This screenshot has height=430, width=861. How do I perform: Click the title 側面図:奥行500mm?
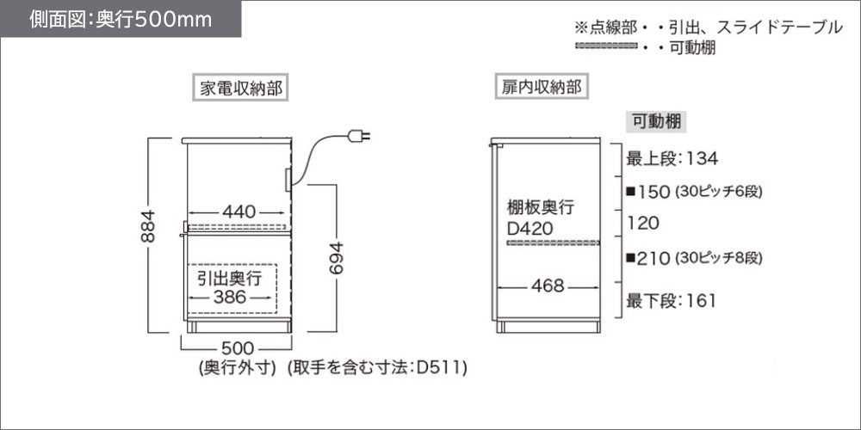[x=120, y=20]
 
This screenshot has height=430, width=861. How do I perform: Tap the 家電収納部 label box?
[x=242, y=87]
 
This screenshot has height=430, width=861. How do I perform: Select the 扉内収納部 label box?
[x=542, y=87]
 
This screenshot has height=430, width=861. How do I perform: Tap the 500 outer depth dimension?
[x=235, y=348]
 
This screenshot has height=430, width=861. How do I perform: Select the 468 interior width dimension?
[x=547, y=286]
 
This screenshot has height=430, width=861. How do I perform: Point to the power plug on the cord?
[x=359, y=135]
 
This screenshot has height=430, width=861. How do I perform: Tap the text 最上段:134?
[x=672, y=158]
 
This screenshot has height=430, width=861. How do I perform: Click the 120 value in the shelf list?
[x=643, y=224]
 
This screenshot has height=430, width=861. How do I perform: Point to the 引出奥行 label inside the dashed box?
[x=229, y=278]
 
